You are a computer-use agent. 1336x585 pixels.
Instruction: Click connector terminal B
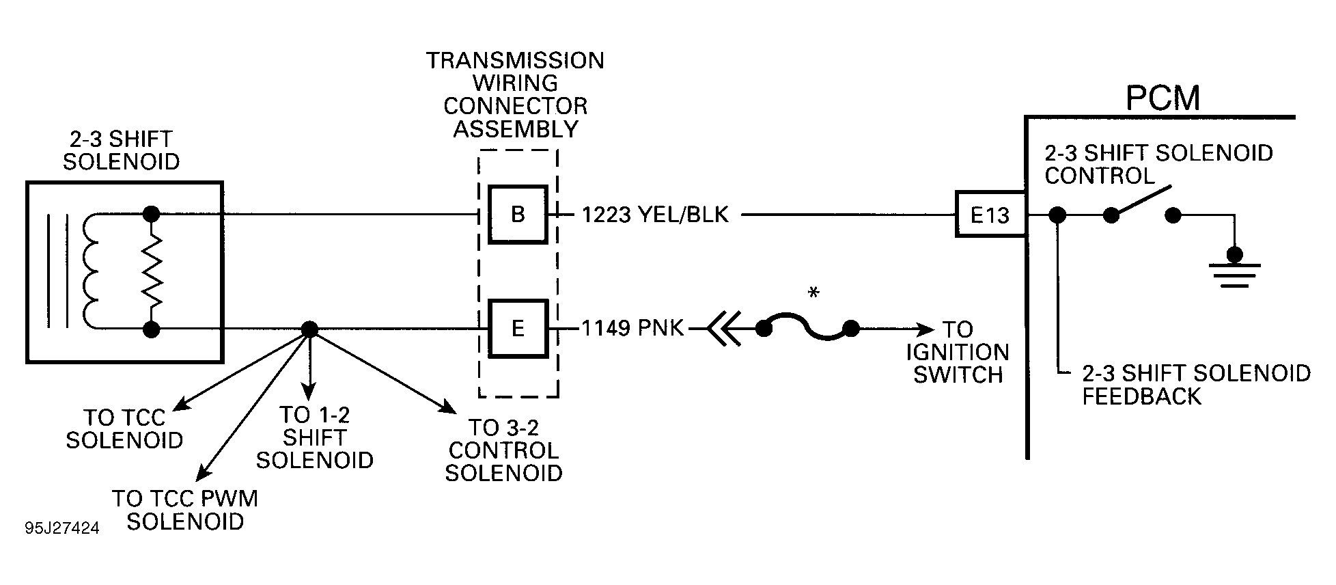click(x=518, y=215)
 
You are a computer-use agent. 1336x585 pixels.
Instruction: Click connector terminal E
click(x=518, y=329)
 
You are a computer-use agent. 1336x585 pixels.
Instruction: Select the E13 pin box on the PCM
click(x=990, y=215)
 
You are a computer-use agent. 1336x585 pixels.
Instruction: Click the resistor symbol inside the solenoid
click(x=152, y=272)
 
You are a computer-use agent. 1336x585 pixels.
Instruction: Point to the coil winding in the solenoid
click(x=91, y=272)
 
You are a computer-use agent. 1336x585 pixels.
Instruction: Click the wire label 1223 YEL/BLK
click(x=655, y=215)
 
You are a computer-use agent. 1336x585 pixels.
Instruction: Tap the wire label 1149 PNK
click(x=632, y=329)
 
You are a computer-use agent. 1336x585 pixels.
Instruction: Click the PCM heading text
click(x=1163, y=98)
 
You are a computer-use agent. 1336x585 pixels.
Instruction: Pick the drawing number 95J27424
click(x=62, y=529)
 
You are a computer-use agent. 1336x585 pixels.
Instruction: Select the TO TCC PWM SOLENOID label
click(x=185, y=510)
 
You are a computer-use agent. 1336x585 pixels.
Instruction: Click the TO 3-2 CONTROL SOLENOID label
click(x=503, y=450)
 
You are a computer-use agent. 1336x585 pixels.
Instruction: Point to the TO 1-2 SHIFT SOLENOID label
click(x=314, y=437)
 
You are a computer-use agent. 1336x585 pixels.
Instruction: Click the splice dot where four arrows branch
click(x=309, y=329)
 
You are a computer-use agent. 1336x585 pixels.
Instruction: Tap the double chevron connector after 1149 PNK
click(x=724, y=329)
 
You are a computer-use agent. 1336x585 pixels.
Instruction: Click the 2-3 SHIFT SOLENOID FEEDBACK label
click(x=1196, y=384)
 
